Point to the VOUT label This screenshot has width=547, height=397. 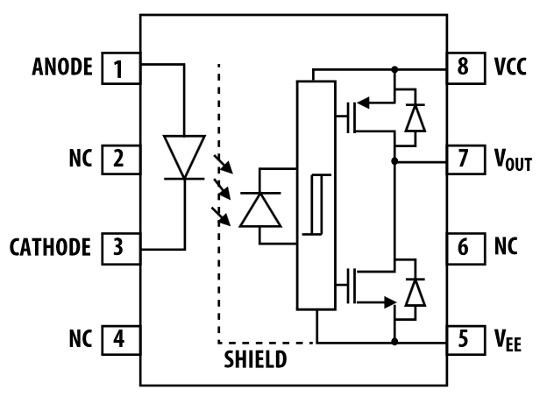pyautogui.click(x=514, y=161)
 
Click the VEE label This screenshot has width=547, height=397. pyautogui.click(x=509, y=338)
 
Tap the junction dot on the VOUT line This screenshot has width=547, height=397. pyautogui.click(x=394, y=161)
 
